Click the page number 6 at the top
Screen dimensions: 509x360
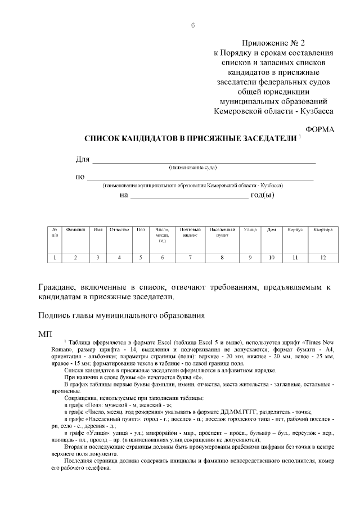point(193,25)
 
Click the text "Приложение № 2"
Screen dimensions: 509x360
point(275,43)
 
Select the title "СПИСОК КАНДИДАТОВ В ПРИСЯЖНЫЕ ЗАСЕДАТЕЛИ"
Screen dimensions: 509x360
point(190,138)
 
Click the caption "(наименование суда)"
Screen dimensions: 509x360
point(193,168)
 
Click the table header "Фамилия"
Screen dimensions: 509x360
point(75,230)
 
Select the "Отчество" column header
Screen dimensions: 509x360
point(119,230)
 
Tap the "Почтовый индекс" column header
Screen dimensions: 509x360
point(190,232)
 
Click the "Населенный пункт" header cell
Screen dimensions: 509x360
point(222,232)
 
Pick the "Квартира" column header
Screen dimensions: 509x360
point(323,230)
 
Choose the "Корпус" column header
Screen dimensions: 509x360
point(295,230)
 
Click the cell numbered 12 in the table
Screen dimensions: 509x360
point(323,258)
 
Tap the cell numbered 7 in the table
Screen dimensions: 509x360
point(190,258)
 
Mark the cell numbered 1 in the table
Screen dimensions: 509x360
point(55,258)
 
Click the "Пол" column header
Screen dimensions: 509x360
point(141,230)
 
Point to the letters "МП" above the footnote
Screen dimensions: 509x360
point(45,334)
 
